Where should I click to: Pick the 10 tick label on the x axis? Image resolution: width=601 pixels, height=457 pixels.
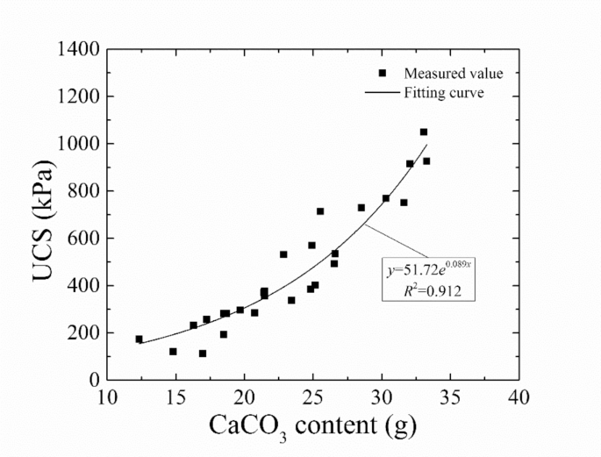[x=107, y=397]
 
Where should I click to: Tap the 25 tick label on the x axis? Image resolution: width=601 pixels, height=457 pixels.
[x=312, y=397]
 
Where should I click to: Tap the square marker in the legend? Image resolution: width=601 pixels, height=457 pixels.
[x=383, y=73]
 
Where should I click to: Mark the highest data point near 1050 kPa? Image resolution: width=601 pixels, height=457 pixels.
[x=424, y=132]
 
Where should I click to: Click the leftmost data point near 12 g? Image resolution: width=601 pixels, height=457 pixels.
[x=139, y=339]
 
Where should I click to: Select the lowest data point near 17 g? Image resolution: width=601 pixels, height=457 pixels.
[x=203, y=353]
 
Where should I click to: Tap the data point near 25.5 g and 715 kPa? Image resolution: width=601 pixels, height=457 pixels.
[x=320, y=211]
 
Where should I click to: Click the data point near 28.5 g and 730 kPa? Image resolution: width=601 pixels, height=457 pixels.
[x=361, y=208]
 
